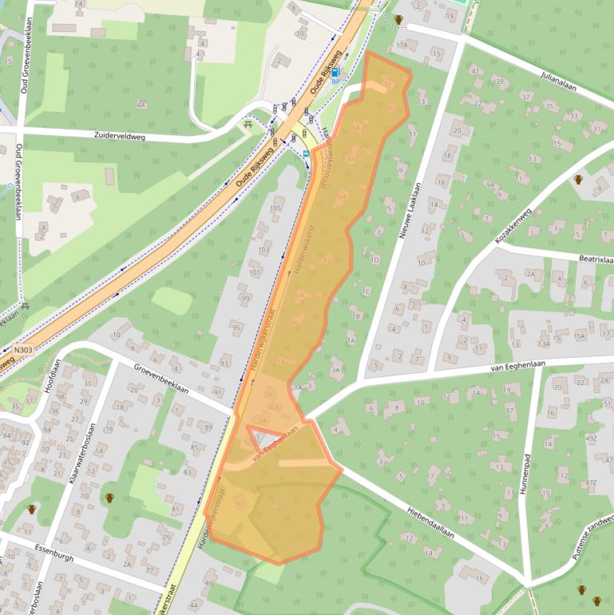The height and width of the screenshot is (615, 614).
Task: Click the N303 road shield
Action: pos(23,349)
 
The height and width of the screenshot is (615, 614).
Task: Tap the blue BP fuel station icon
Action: pos(335,73)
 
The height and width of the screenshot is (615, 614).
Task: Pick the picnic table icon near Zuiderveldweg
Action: pos(248,124)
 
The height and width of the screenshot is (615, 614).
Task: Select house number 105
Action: pos(276,209)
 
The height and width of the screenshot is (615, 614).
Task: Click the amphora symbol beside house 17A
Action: pos(398,19)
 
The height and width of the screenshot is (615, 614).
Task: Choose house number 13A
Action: pos(544,344)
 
